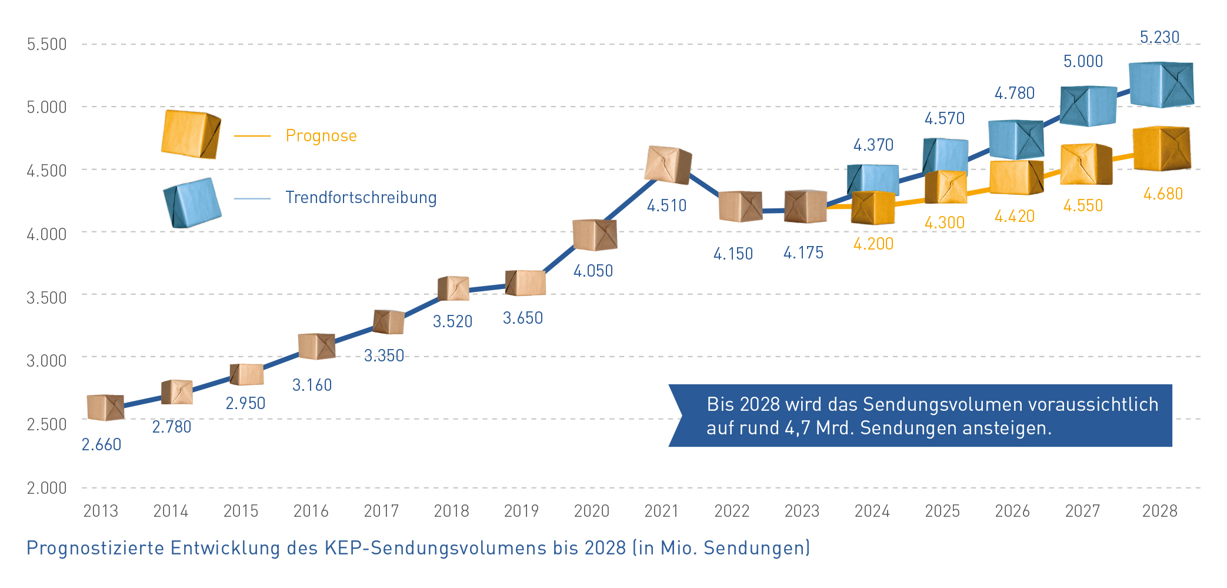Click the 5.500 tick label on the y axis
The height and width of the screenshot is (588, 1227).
46,44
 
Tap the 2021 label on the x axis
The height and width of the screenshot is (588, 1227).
661,511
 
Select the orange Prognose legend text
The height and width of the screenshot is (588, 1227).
321,136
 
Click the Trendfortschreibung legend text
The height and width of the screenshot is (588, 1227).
361,197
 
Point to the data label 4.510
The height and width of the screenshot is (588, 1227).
666,206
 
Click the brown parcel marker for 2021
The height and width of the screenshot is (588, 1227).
668,165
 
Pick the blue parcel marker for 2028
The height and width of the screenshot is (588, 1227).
1161,85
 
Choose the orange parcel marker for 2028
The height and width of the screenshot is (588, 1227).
1161,148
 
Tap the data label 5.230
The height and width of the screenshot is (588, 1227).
1159,38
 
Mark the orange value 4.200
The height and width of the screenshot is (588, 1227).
873,244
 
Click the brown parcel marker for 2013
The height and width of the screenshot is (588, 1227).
105,407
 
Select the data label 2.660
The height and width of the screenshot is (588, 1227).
101,445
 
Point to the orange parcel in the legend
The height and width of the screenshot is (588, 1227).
191,134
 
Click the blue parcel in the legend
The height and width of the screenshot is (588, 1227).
192,202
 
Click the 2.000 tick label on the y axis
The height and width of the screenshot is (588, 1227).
46,488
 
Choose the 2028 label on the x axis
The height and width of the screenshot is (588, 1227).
1159,511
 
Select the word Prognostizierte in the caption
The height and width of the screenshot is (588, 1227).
95,548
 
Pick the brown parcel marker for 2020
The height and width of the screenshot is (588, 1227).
595,235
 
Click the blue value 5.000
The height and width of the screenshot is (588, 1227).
1082,62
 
